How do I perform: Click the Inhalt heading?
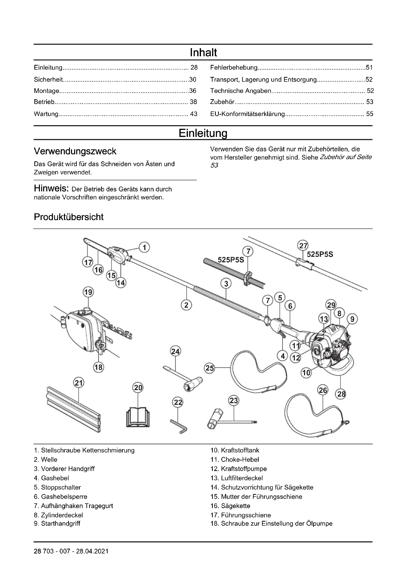tap(203, 53)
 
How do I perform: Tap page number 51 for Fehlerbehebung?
tap(369, 68)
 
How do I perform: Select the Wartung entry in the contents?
tap(46, 114)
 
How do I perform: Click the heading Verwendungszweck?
tap(75, 151)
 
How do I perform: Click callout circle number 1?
tap(144, 247)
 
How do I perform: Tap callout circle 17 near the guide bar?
tap(88, 262)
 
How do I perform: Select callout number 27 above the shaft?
tap(303, 246)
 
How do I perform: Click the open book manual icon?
tap(138, 419)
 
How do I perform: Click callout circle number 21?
tap(79, 383)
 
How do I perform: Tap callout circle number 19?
tap(88, 292)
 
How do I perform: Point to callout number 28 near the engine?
tap(341, 394)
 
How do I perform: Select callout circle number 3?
tap(226, 283)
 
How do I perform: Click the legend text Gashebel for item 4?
tap(55, 478)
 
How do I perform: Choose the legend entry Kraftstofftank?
tap(240, 450)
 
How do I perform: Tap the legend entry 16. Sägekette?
tap(235, 506)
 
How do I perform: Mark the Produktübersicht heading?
tap(69, 217)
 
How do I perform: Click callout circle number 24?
tap(175, 352)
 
